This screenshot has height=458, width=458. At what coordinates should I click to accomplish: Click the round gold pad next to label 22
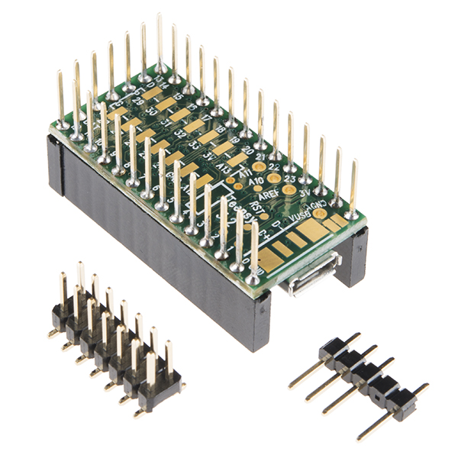tap(274, 177)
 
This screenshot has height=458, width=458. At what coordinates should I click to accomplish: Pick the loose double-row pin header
tap(114, 343)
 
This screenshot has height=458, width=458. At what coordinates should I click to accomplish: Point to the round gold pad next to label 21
tap(260, 166)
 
